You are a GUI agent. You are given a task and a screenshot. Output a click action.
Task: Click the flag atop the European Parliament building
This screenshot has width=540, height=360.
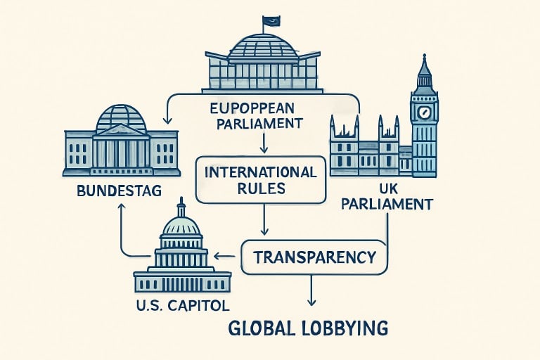point(271,21)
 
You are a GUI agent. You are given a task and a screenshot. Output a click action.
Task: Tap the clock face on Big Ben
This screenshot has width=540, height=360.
point(424,112)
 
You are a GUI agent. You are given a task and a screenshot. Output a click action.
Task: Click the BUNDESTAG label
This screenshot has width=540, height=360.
point(119,191)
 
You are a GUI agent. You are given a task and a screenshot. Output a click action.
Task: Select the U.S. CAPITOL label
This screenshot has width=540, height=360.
point(183,306)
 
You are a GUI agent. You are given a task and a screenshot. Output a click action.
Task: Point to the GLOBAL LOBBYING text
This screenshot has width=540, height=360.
point(308,328)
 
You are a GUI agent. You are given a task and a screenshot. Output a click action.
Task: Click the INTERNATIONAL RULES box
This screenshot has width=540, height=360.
point(260,179)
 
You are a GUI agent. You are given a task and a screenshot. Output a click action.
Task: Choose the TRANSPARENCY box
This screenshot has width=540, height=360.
point(314,257)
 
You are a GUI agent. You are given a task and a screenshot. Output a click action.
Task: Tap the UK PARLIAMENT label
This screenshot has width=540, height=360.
point(387,197)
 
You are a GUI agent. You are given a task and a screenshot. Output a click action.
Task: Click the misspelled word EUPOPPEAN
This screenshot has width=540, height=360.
point(252,108)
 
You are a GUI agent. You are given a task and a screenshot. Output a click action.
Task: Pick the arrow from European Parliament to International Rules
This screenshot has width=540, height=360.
point(264,142)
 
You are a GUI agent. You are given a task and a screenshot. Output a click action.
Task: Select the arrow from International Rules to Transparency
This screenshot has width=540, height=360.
point(264,219)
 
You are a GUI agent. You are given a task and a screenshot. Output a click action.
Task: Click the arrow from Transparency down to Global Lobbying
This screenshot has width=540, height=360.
point(311,290)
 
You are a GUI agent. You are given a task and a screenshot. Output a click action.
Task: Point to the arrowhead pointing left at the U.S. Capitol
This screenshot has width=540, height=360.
point(217,256)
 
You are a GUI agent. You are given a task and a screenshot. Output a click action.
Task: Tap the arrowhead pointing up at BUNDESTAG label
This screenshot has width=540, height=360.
point(120,206)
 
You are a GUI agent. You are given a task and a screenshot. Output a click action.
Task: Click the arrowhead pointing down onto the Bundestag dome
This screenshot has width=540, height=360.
point(167,120)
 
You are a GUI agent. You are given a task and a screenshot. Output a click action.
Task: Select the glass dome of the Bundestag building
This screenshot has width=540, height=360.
point(121,117)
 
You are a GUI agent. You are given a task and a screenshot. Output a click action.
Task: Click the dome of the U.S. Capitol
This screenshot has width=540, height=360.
point(181,226)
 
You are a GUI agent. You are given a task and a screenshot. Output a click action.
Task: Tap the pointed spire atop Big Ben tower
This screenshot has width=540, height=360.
point(424,65)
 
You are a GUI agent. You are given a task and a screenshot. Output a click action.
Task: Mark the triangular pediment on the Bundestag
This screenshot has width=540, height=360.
point(121,130)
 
